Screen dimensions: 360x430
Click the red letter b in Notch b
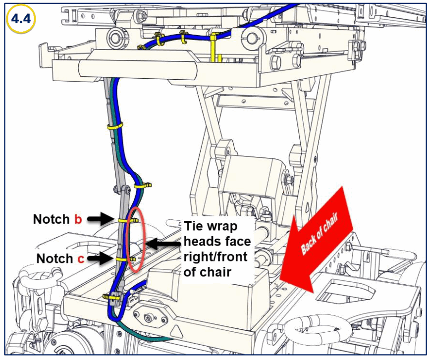78,219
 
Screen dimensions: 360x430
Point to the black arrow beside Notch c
103,258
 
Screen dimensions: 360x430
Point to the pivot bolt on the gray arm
119,188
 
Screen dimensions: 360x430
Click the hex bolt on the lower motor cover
148,314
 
